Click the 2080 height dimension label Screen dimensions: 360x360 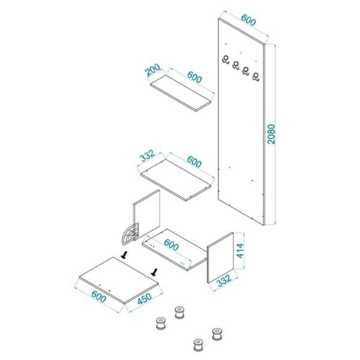[271, 134]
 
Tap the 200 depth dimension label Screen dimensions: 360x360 [154, 70]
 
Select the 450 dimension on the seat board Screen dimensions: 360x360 [145, 299]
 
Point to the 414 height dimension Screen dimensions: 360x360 [240, 251]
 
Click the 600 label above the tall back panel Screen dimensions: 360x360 [248, 20]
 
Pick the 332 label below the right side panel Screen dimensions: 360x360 [224, 281]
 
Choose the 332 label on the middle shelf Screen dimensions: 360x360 [148, 156]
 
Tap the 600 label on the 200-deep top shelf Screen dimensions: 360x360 [194, 77]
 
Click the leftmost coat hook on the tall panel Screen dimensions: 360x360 [226, 59]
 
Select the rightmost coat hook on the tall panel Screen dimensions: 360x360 [256, 77]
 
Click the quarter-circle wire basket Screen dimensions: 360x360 [129, 234]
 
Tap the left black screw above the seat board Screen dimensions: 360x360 [125, 255]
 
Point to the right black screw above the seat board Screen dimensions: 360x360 [154, 272]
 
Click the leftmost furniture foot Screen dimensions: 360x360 [161, 323]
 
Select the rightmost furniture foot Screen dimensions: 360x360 [217, 334]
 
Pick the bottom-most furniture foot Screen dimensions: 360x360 [198, 344]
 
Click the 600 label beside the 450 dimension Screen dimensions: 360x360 [99, 297]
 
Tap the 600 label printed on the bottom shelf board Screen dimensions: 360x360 [171, 245]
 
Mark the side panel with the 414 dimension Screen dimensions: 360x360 [220, 258]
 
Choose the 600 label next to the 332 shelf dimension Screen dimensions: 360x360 [194, 161]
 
